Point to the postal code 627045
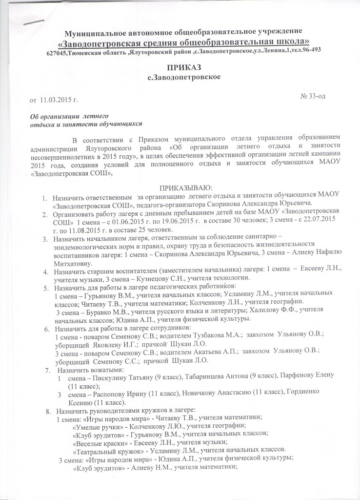point(57,52)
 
